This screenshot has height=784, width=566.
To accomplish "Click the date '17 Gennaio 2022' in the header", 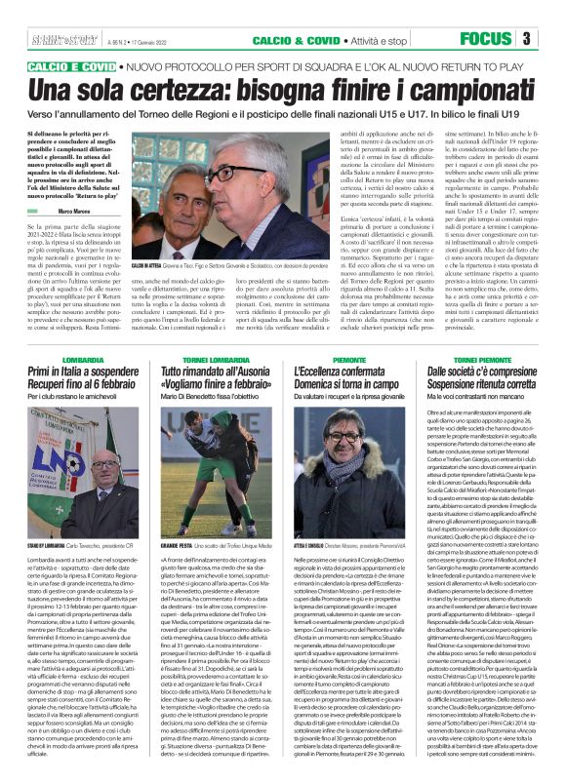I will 126,40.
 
